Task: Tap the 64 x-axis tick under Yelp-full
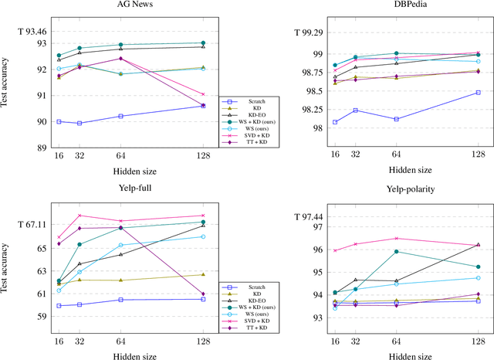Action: pyautogui.click(x=120, y=340)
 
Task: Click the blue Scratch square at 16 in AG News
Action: pyautogui.click(x=59, y=121)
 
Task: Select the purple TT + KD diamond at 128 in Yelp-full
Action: pyautogui.click(x=203, y=294)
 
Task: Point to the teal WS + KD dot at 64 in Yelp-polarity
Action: pyautogui.click(x=396, y=251)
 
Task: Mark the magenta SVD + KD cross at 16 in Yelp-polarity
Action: pyautogui.click(x=335, y=250)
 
